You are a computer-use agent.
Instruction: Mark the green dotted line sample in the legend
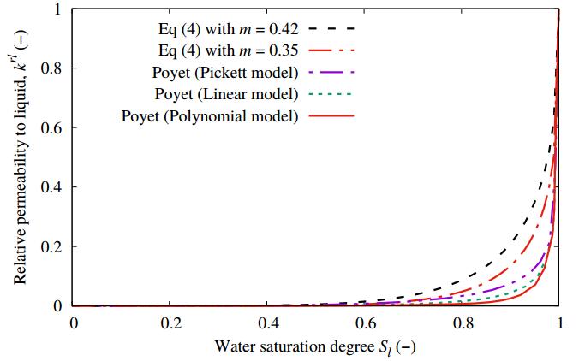330,92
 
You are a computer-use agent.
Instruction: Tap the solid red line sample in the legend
330,115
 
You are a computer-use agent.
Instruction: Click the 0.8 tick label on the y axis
53,68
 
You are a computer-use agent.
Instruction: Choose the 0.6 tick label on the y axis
53,127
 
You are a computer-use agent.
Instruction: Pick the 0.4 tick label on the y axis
53,187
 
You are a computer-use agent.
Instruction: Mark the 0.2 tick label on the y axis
53,246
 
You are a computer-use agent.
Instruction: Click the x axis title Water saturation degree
316,347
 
